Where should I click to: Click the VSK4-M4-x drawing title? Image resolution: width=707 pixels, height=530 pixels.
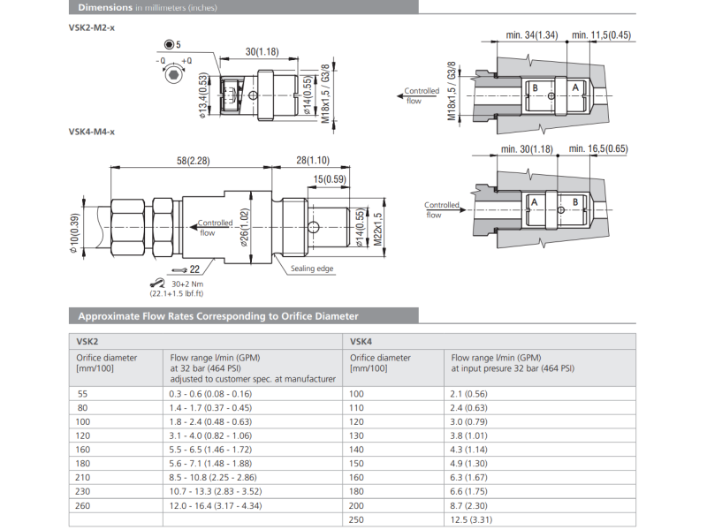[x=91, y=131]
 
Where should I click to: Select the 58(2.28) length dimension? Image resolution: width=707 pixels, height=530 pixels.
[x=193, y=160]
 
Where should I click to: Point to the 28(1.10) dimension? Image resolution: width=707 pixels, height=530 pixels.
[x=312, y=160]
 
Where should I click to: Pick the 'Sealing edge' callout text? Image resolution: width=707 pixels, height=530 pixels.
[x=312, y=269]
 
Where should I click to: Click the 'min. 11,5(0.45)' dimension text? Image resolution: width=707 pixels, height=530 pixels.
[x=602, y=35]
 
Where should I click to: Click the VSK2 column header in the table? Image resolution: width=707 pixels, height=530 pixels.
[x=87, y=341]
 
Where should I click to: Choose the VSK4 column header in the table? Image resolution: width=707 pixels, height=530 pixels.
[x=361, y=341]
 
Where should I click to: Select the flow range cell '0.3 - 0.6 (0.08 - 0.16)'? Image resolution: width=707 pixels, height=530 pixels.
[x=210, y=393]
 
